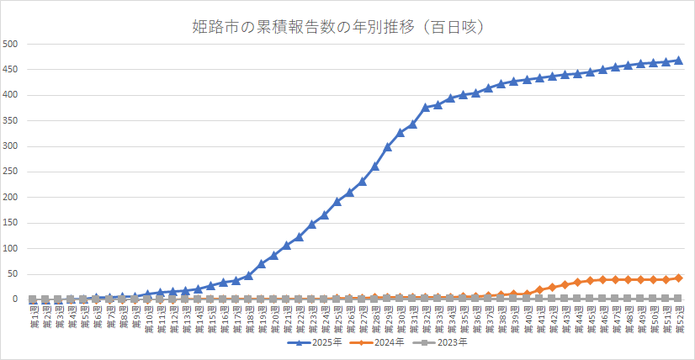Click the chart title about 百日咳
point(347,27)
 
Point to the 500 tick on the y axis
point(12,44)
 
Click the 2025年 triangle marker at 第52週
point(678,61)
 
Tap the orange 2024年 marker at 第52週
point(678,278)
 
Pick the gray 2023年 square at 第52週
point(678,298)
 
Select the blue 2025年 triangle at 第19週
point(261,263)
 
